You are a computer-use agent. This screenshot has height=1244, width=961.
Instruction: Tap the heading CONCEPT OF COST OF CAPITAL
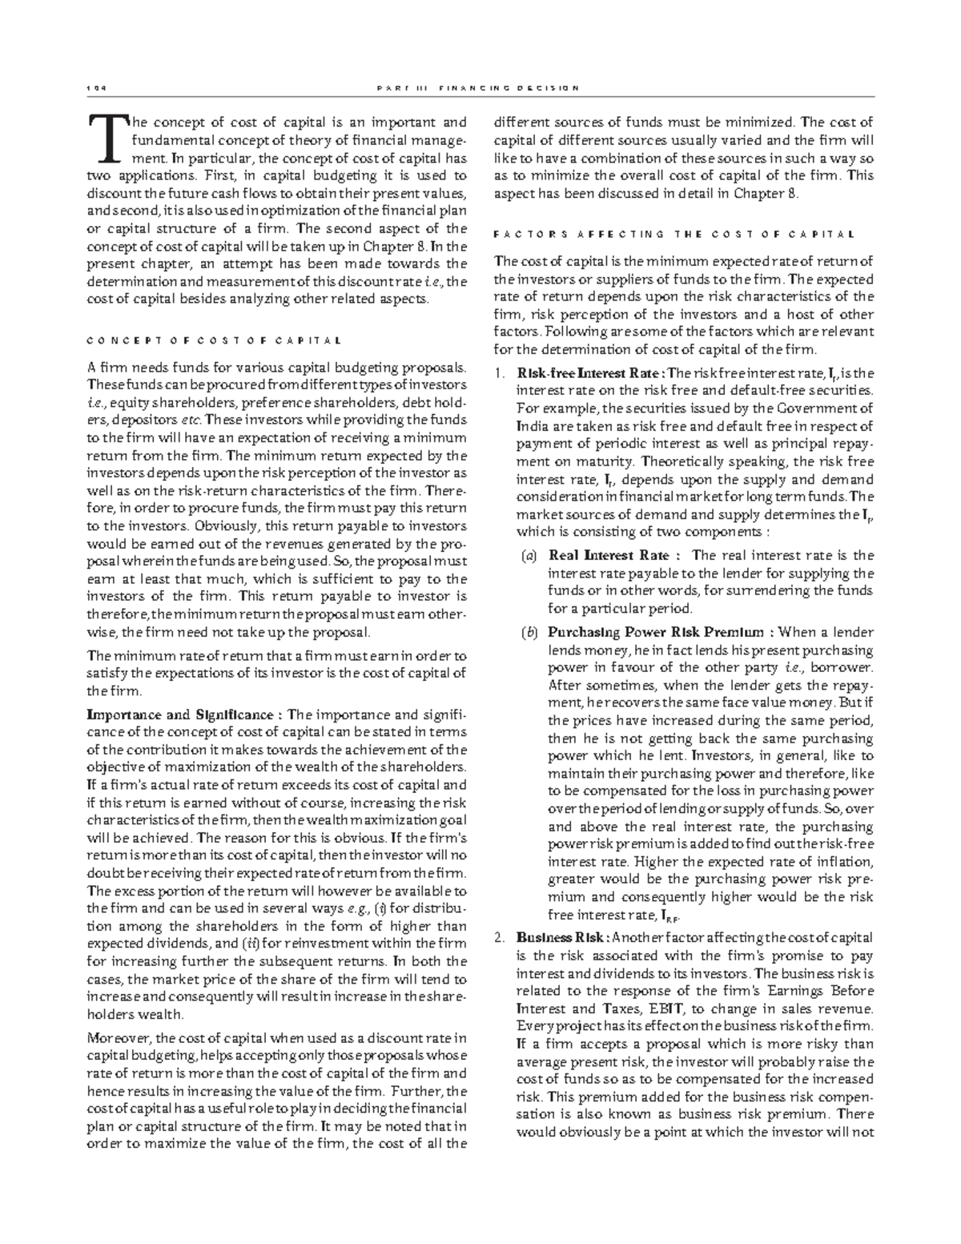(214, 340)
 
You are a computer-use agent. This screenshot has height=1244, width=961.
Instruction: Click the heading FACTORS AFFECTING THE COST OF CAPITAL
(674, 235)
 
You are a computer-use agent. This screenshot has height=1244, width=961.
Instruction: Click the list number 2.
(499, 938)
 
